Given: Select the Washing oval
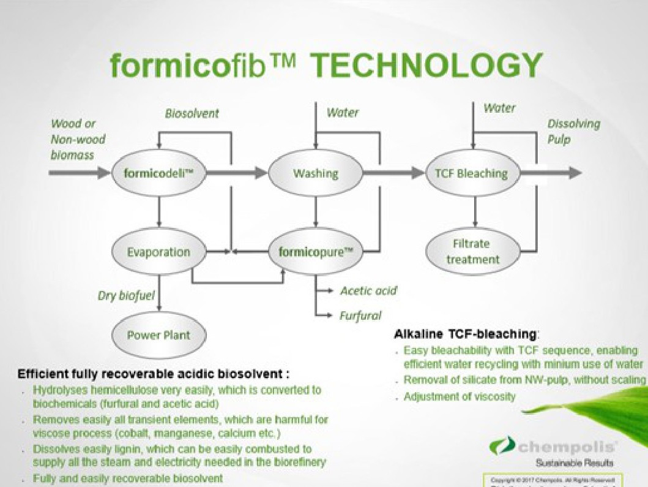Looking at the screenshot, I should click(x=316, y=173).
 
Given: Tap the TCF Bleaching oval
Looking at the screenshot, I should click(x=471, y=173).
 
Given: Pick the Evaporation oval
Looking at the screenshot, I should click(x=158, y=252).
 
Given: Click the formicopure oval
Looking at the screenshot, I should click(x=316, y=252).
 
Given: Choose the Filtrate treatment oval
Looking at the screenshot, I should click(x=472, y=252).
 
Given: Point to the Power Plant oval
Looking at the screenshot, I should click(x=158, y=334).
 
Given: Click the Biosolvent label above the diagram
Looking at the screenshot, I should click(x=192, y=113).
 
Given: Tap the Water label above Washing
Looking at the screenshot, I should click(x=342, y=113).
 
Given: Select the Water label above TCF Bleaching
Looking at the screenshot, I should click(x=499, y=108).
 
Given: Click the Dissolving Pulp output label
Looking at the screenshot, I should click(x=573, y=132).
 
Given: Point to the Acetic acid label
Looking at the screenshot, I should click(x=368, y=290).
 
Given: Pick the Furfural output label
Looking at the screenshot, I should click(x=360, y=315).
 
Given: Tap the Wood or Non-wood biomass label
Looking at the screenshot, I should click(x=78, y=140).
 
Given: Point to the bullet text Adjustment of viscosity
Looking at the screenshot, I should click(x=460, y=396).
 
